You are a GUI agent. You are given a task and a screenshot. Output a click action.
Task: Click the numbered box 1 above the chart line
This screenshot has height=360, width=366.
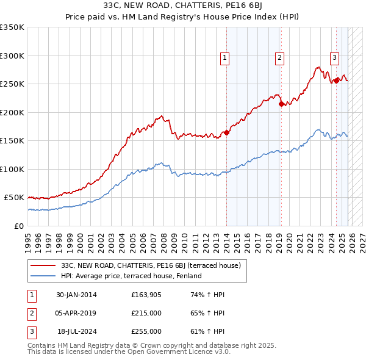[x=224, y=58]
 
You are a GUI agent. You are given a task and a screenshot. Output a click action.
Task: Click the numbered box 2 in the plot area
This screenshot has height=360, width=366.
[x=279, y=58]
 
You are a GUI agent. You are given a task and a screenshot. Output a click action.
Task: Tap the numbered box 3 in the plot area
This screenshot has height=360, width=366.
[x=335, y=58]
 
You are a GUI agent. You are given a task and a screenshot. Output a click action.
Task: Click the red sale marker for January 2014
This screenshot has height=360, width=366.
[x=226, y=132]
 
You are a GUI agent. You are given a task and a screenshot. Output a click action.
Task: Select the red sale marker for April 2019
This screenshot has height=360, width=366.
[x=281, y=104]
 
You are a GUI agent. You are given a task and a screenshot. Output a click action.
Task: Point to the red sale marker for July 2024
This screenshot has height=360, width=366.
[x=336, y=81]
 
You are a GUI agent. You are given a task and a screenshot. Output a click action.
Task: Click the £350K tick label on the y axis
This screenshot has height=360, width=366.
[x=12, y=27]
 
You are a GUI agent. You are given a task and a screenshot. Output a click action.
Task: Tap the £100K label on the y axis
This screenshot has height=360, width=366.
[x=12, y=169]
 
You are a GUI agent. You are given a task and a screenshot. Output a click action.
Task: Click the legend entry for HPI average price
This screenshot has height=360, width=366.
[x=131, y=276]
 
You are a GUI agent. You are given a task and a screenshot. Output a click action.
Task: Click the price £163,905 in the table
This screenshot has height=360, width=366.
[x=146, y=295]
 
